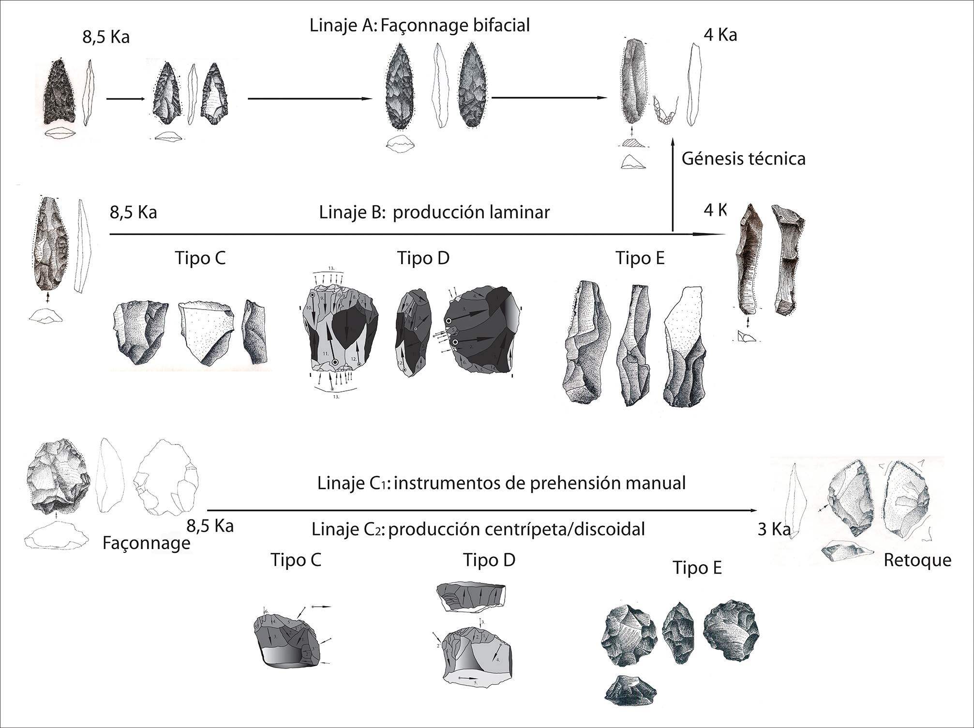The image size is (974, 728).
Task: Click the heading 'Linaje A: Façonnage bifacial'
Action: pyautogui.click(x=420, y=25)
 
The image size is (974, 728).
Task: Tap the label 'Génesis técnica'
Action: pyautogui.click(x=743, y=159)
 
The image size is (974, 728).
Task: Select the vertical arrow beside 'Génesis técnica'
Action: pyautogui.click(x=673, y=184)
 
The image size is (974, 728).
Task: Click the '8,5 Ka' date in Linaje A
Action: pyautogui.click(x=106, y=37)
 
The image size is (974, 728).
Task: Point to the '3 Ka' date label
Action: pyautogui.click(x=774, y=530)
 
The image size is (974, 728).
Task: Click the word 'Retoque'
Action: pyautogui.click(x=917, y=560)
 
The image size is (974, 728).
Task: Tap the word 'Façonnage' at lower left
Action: pyautogui.click(x=146, y=543)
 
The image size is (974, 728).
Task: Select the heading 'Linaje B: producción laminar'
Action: pyautogui.click(x=434, y=212)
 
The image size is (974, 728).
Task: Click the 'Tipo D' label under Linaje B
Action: pyautogui.click(x=423, y=258)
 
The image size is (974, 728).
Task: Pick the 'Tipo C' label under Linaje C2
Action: pyautogui.click(x=296, y=560)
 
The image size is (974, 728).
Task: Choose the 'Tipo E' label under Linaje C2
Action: pyautogui.click(x=697, y=567)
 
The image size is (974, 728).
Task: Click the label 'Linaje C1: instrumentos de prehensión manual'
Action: pyautogui.click(x=501, y=483)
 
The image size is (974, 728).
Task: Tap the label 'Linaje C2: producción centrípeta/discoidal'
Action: pyautogui.click(x=478, y=529)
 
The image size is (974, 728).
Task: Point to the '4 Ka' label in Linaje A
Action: pyautogui.click(x=720, y=35)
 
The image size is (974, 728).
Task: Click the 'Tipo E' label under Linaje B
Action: pyautogui.click(x=640, y=258)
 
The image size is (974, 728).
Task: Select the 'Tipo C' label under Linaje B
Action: pyautogui.click(x=200, y=258)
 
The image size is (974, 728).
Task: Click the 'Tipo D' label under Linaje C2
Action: pyautogui.click(x=489, y=560)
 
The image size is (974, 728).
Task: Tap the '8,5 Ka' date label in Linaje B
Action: pyautogui.click(x=133, y=212)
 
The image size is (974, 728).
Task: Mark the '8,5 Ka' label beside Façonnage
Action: pyautogui.click(x=210, y=526)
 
